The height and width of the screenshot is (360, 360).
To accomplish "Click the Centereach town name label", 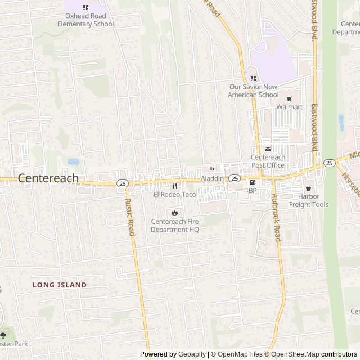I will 48,177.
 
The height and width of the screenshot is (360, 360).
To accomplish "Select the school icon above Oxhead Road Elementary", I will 85,7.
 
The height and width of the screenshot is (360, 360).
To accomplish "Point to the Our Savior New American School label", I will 254,91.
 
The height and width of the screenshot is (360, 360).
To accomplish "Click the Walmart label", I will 290,107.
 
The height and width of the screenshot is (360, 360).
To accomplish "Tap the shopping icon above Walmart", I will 290,98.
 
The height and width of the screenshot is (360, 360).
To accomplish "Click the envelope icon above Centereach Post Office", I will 268,149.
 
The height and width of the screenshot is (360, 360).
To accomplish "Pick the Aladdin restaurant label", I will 213,178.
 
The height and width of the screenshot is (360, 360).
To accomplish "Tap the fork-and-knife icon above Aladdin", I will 213,170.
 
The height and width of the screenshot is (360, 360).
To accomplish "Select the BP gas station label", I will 252,191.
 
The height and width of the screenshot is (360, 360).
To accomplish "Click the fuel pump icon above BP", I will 252,182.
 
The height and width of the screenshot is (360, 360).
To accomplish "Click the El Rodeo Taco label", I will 174,194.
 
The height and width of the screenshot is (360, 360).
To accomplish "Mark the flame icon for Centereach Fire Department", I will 174,213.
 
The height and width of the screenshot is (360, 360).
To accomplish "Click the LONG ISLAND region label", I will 60,285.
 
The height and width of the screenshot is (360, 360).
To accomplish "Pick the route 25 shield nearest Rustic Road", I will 121,183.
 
